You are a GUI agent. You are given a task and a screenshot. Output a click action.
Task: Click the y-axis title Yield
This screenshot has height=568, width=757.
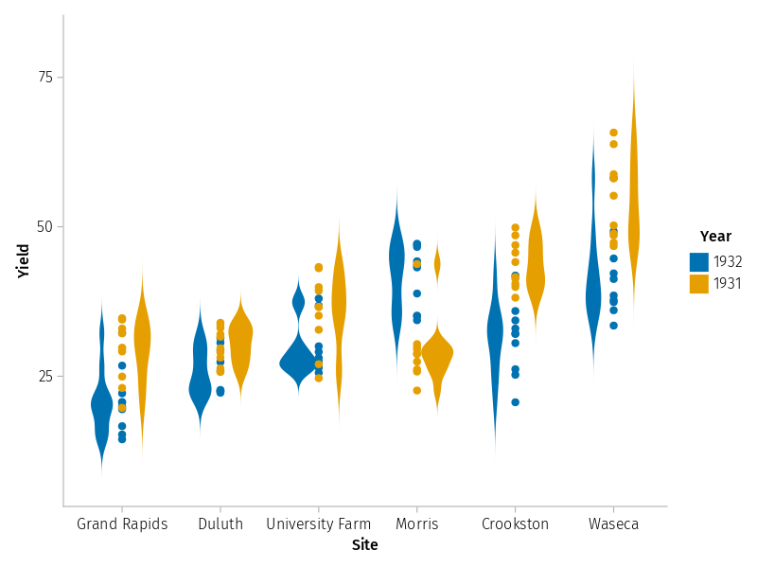24,261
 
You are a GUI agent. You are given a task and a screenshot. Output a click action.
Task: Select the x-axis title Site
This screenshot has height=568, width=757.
365,545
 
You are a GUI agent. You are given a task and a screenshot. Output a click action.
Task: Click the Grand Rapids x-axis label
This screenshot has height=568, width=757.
122,524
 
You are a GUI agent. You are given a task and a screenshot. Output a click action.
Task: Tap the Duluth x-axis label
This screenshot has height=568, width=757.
220,524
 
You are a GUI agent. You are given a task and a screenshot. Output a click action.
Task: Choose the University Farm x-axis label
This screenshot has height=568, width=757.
312,524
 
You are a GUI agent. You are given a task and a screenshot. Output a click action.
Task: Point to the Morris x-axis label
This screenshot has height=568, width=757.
417,524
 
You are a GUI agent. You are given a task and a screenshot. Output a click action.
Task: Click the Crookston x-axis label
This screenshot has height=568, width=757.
515,524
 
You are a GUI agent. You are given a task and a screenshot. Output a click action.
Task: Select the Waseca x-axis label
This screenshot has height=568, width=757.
613,524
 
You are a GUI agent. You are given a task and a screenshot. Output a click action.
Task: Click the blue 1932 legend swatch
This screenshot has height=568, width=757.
699,262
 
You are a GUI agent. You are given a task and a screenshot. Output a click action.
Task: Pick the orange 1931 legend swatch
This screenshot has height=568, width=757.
699,283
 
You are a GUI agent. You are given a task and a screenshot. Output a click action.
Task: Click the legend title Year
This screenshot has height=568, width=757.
715,237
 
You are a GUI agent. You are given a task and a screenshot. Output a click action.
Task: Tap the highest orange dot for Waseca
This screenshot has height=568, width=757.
613,133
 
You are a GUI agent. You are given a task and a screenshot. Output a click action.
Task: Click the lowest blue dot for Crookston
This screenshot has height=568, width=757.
515,402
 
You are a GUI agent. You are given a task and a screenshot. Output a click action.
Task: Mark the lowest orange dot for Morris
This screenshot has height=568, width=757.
416,390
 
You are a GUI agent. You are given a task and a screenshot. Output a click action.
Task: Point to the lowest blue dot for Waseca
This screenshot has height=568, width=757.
613,326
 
